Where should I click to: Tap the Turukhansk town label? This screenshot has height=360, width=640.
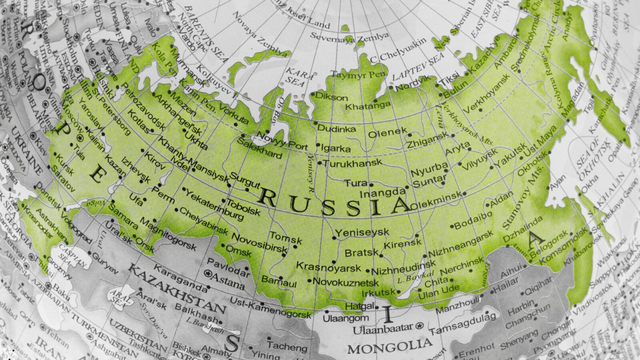(352, 164)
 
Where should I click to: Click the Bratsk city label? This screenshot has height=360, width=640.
(361, 253)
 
